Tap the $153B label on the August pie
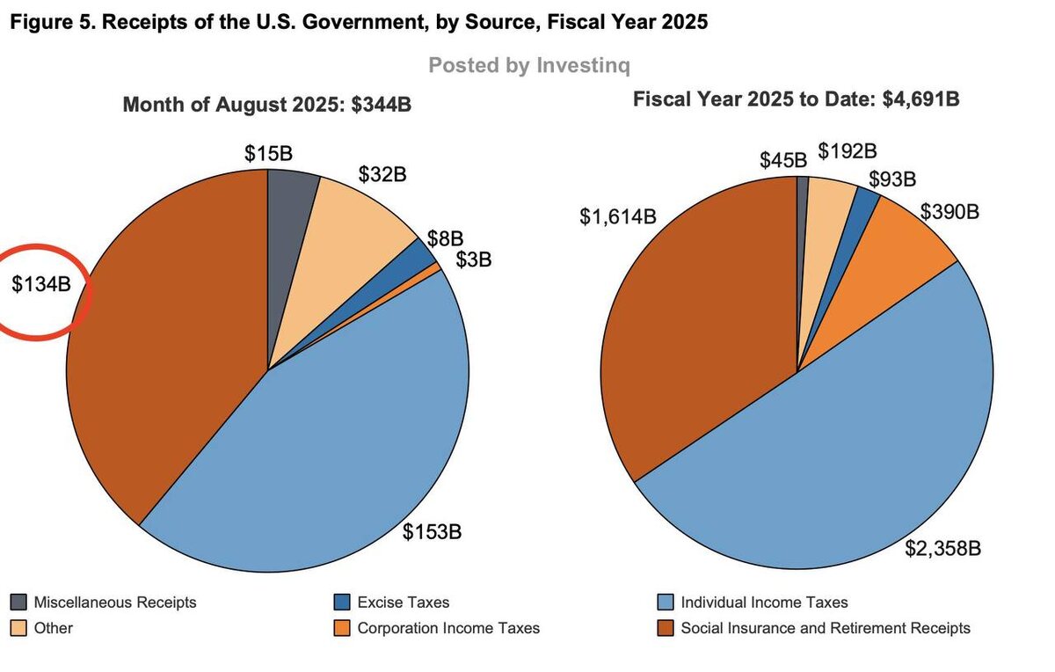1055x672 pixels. coord(432,532)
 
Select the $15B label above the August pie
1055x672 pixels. coord(268,153)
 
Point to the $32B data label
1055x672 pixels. coord(382,174)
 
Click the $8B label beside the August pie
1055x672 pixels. coord(445,238)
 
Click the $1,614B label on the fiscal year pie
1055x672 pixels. coord(617,216)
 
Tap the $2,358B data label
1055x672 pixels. coord(942,549)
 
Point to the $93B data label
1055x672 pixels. coord(891,179)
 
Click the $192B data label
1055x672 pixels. coord(848,151)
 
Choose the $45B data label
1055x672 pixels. coord(783,160)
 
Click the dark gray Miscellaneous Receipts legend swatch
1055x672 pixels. coord(18,603)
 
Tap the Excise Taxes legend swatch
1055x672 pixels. coord(342,603)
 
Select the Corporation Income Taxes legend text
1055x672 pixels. coord(448,628)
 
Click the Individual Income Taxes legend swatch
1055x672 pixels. coord(666,603)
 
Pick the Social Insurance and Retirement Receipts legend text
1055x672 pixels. coord(826,628)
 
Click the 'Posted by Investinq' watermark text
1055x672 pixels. coord(529,65)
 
